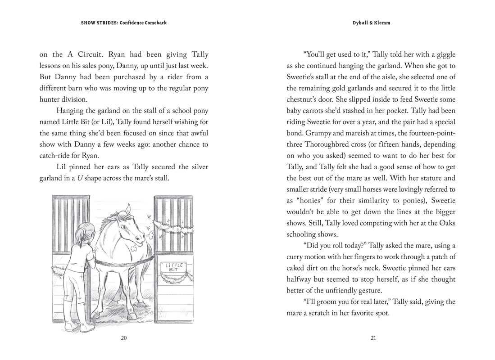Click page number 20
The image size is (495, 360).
(x=124, y=338)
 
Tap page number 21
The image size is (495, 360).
(x=373, y=338)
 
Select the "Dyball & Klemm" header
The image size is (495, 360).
(x=371, y=23)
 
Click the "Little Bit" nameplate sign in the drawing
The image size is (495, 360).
(x=174, y=267)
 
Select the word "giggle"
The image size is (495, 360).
(x=445, y=54)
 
